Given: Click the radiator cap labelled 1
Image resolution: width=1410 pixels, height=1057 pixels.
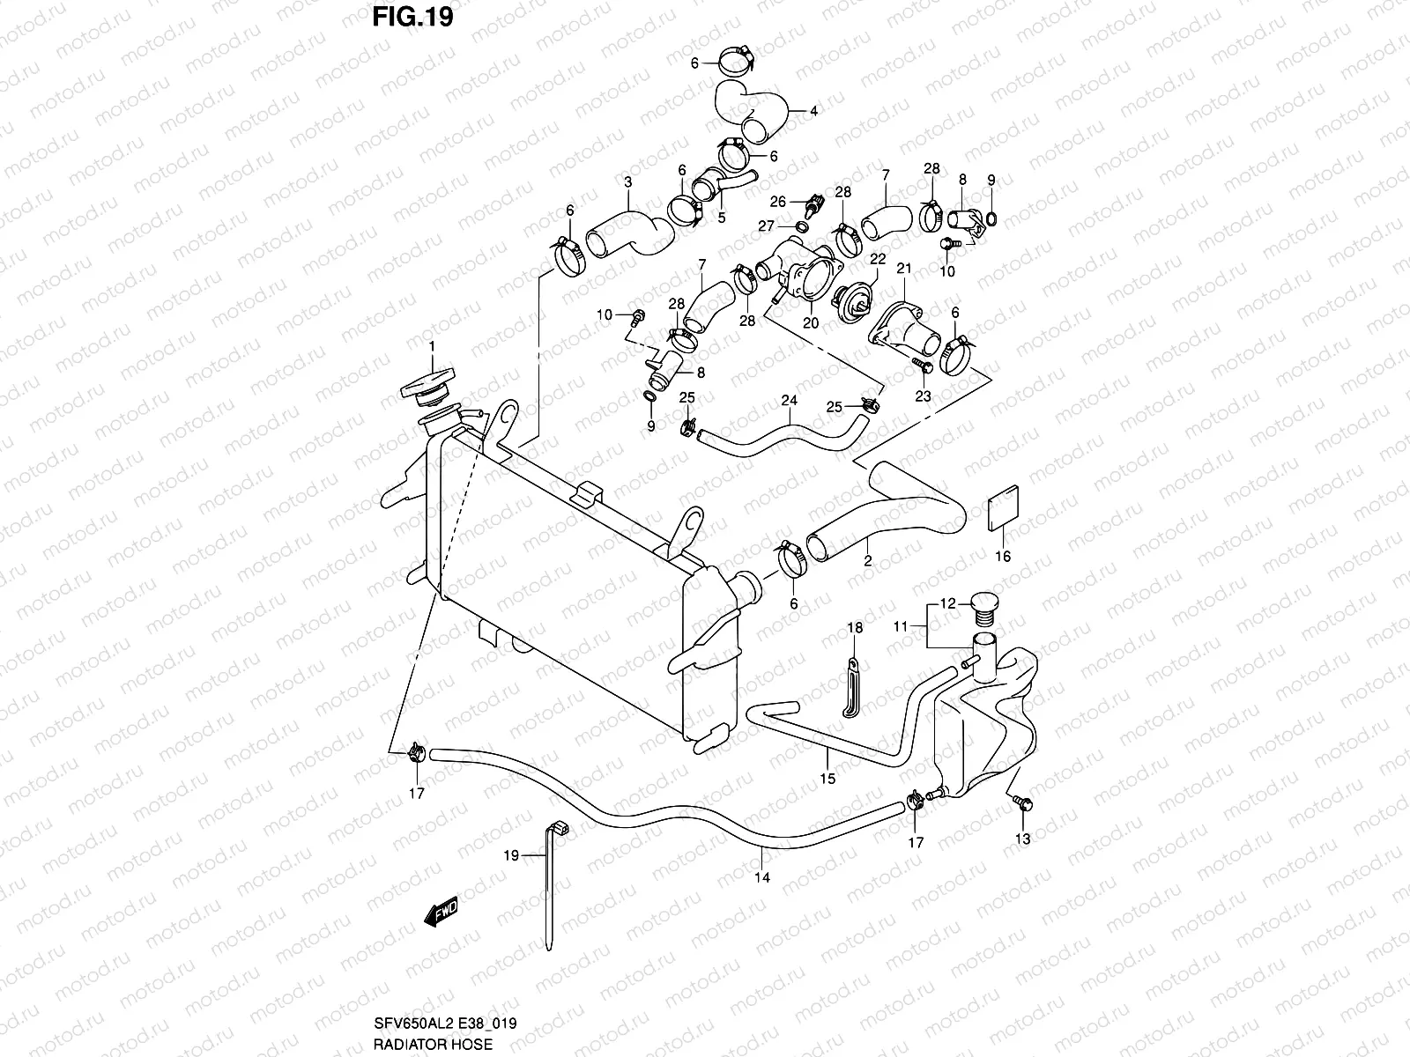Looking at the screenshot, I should [431, 385].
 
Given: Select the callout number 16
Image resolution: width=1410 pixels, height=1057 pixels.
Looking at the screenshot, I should [1003, 556].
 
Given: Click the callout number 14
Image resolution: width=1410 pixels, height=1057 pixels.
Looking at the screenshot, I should [762, 877].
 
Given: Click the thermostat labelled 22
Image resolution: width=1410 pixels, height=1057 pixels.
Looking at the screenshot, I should [853, 301].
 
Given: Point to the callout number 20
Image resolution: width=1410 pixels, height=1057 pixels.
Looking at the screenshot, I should [811, 322].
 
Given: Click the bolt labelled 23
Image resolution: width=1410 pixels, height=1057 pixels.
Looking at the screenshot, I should [920, 363].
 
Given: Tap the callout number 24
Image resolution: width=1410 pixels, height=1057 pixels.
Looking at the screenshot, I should [789, 400].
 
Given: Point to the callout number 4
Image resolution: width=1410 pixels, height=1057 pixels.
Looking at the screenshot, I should [813, 112].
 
